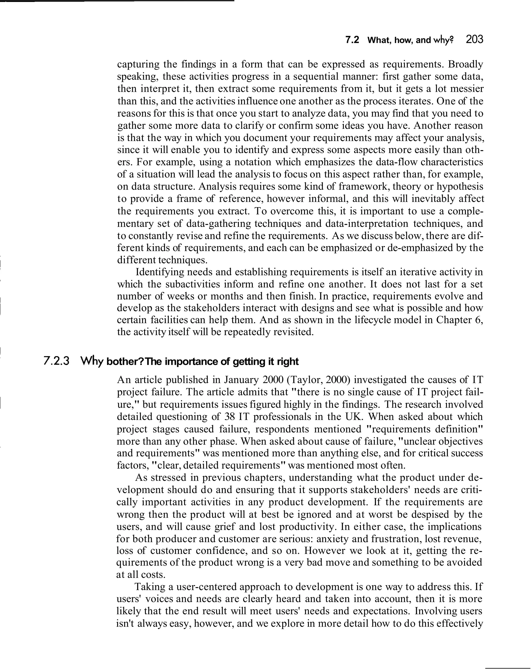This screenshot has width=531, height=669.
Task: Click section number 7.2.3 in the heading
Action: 57,361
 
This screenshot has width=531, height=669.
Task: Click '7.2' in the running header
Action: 352,40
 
